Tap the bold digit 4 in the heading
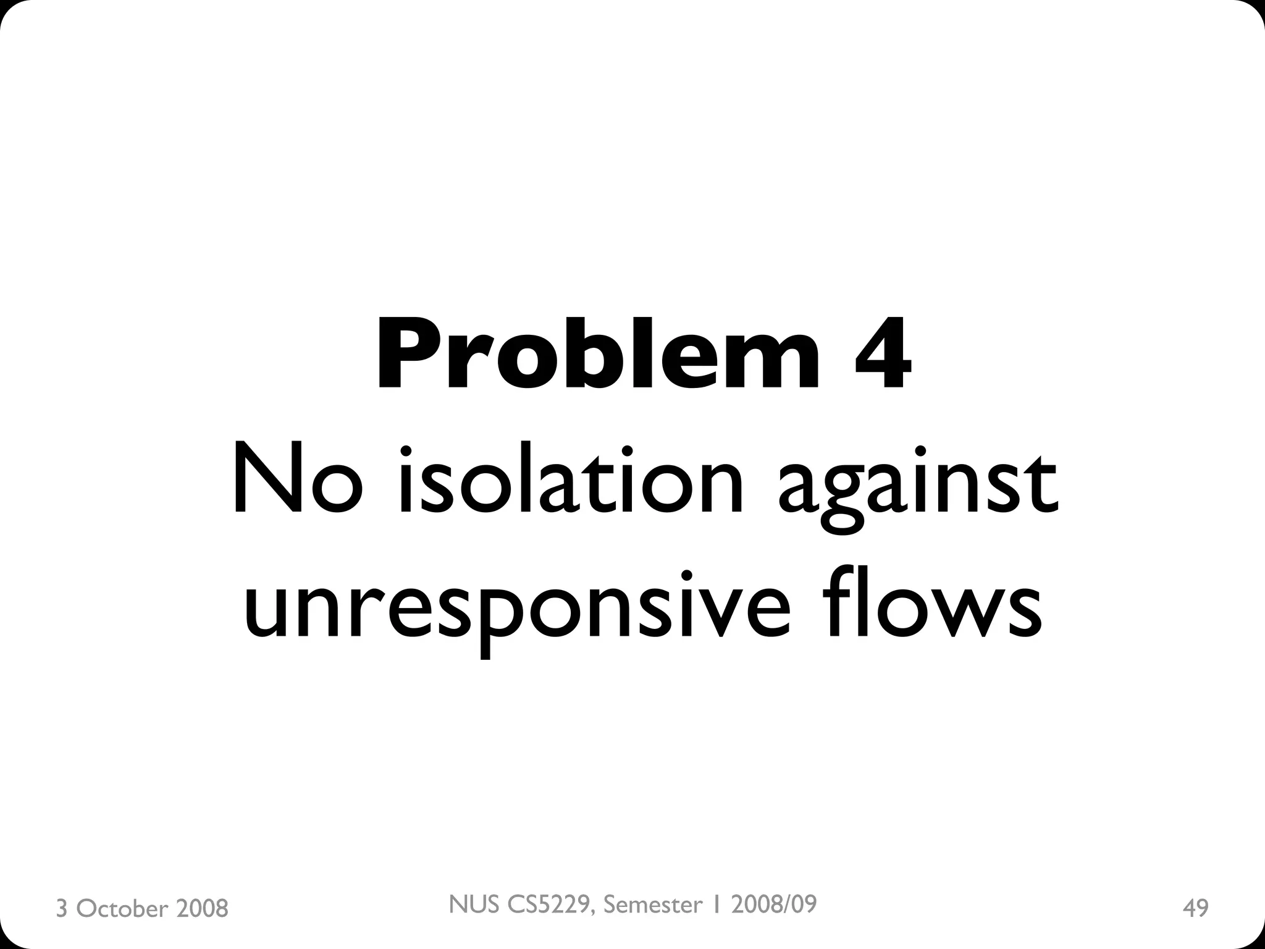coord(882,354)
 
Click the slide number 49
coord(1195,908)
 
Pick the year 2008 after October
coord(202,909)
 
